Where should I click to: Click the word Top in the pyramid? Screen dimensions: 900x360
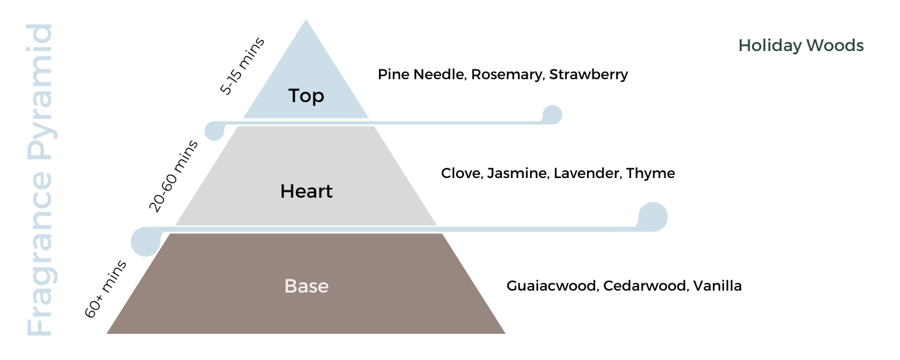(306, 96)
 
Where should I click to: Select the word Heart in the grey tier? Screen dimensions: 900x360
(306, 191)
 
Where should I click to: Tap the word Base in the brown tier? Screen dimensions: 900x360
(306, 286)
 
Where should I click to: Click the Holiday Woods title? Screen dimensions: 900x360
(801, 46)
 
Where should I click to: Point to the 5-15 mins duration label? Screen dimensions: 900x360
(242, 66)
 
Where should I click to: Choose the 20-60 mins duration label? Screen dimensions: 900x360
(173, 176)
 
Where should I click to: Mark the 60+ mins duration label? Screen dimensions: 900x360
(105, 289)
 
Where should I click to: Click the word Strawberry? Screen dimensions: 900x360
(588, 75)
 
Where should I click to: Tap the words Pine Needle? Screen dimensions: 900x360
(422, 75)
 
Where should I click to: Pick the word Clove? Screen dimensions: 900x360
(462, 173)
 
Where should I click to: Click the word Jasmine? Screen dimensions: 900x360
(518, 173)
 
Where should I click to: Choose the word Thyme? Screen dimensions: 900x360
(651, 174)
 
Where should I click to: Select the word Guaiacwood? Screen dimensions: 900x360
(553, 285)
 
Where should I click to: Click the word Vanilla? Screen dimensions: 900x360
(717, 285)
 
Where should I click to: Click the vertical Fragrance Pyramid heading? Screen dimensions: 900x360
(39, 179)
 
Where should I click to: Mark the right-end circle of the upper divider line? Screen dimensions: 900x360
(552, 115)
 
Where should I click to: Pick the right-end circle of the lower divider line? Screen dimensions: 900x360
(653, 217)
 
